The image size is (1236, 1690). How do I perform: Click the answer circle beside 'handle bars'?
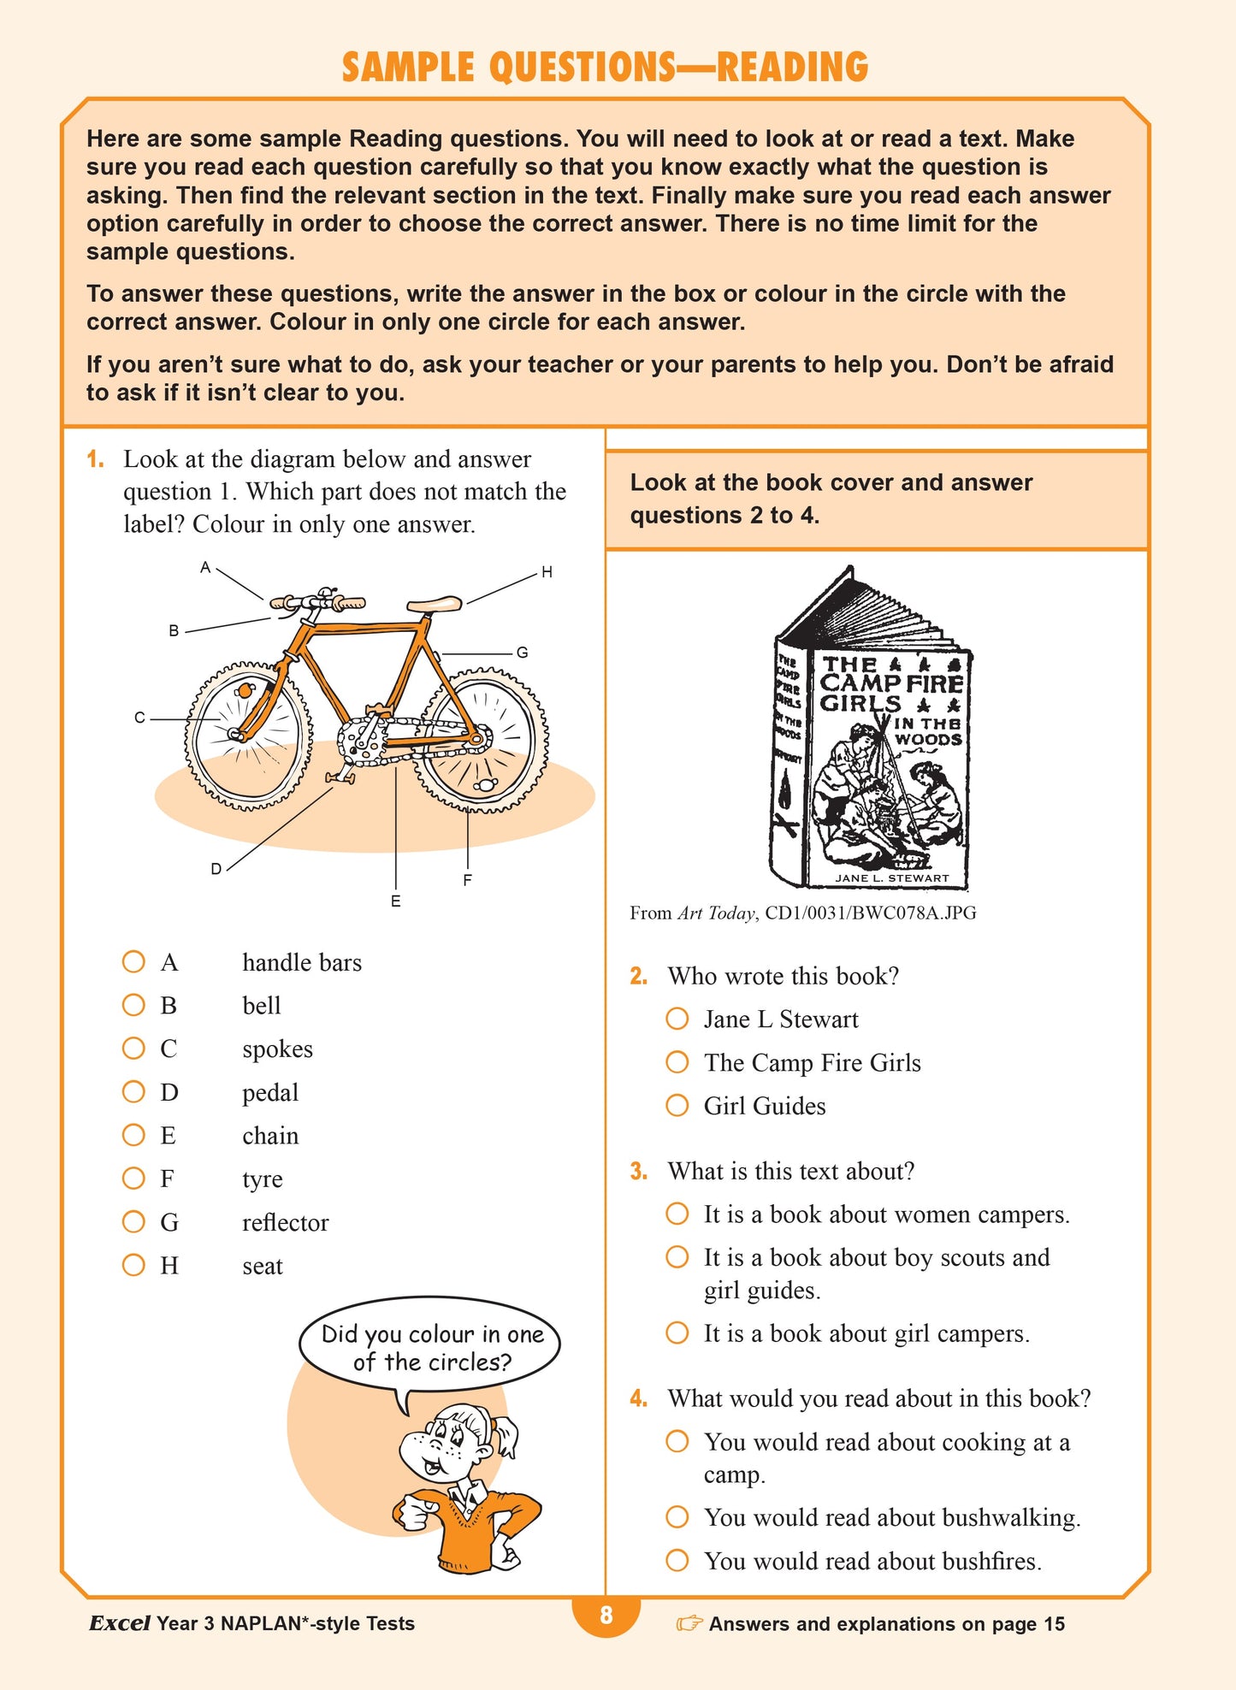(133, 961)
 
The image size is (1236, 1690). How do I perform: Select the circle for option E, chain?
(133, 1135)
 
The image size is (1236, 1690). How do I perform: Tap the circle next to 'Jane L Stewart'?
(677, 1019)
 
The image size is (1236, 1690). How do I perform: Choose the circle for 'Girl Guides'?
(677, 1105)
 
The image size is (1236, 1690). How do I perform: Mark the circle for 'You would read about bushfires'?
(677, 1560)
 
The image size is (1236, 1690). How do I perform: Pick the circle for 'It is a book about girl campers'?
(677, 1332)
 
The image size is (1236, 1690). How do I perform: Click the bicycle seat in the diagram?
(435, 605)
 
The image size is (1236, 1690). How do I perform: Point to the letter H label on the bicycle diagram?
(547, 572)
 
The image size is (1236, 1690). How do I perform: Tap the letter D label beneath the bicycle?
(216, 869)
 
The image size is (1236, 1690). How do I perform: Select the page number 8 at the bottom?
(606, 1615)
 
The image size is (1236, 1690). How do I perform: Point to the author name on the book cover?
(891, 877)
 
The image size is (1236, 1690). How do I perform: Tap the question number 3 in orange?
(638, 1171)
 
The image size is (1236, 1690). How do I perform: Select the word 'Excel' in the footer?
(120, 1623)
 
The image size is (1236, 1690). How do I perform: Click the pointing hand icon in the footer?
(689, 1623)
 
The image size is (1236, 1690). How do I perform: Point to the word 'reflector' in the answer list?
(285, 1222)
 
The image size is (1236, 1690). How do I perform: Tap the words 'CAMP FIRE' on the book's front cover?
(891, 683)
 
